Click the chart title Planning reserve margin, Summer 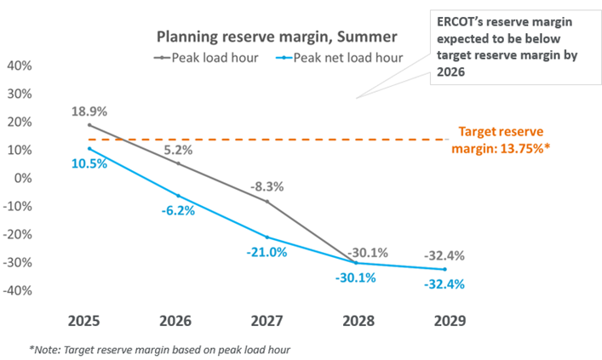point(277,37)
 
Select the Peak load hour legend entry point(206,58)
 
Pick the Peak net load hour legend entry point(340,58)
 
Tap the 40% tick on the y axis point(20,66)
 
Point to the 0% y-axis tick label point(23,178)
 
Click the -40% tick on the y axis point(17,290)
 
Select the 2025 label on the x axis point(83,321)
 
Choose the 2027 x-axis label point(267,321)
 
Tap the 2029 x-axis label point(450,321)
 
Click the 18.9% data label point(89,111)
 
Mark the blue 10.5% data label point(89,164)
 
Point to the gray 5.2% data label point(178,150)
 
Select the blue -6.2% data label point(178,211)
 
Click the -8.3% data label point(267,187)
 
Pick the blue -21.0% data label point(267,253)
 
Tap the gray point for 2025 point(89,125)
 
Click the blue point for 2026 point(178,196)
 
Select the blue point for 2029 point(445,270)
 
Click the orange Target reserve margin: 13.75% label point(501,140)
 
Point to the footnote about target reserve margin point(160,350)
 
